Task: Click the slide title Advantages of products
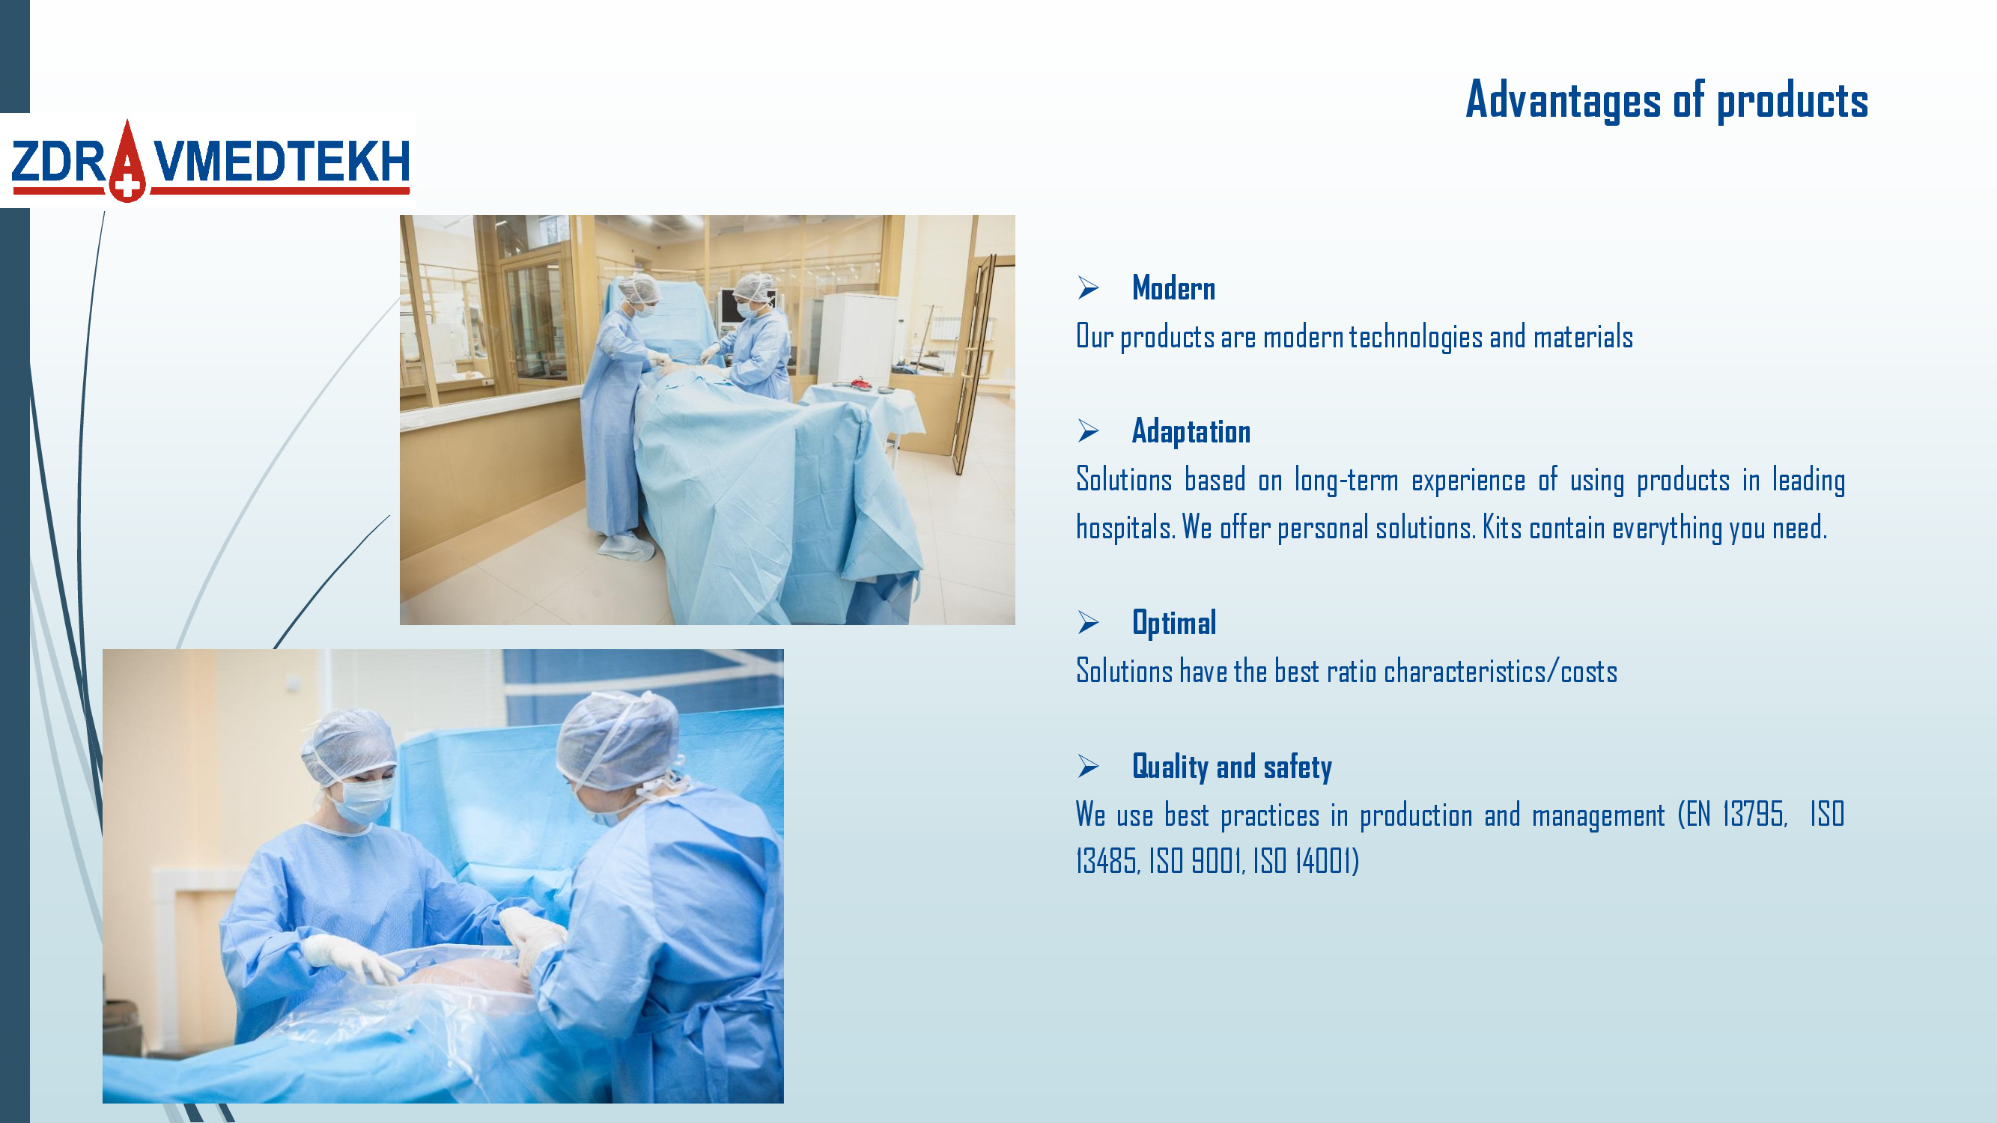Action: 1667,101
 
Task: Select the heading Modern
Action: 1173,288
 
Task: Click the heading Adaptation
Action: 1191,433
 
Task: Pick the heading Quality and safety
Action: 1232,767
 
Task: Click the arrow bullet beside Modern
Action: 1089,288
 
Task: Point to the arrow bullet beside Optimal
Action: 1089,622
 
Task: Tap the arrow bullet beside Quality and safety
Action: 1089,767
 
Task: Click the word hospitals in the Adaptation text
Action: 1125,529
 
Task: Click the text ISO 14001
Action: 1303,861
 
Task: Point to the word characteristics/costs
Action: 1500,671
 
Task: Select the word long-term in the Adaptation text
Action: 1346,481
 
